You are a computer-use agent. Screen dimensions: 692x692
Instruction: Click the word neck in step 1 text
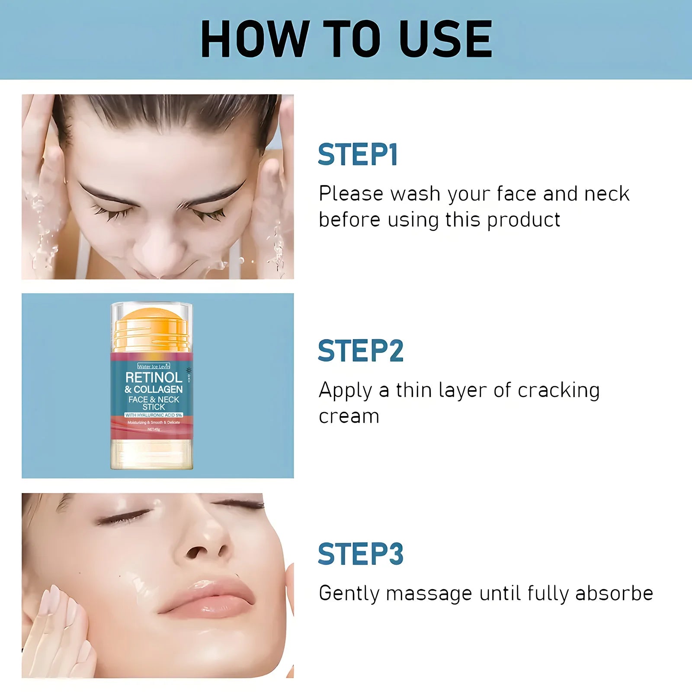(x=606, y=193)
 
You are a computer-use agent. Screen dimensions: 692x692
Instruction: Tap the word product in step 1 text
(x=523, y=220)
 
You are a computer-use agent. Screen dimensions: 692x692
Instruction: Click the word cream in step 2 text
(x=349, y=416)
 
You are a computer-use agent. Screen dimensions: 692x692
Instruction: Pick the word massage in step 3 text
(x=429, y=593)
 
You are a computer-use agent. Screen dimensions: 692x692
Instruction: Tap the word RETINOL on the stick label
(x=154, y=377)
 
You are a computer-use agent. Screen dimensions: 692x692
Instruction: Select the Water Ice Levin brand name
(x=154, y=366)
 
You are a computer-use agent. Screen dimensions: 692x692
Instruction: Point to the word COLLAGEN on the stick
(x=158, y=389)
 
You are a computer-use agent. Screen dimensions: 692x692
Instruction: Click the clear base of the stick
(x=151, y=454)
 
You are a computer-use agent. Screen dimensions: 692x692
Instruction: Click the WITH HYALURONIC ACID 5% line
(x=154, y=415)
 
